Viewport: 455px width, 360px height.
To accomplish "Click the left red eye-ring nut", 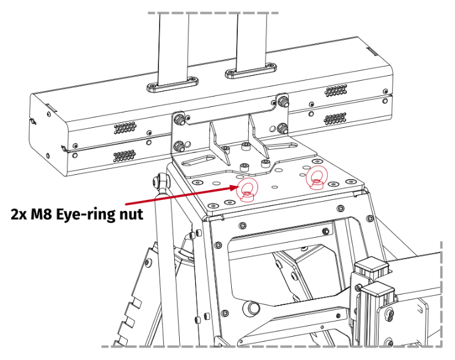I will [246, 189].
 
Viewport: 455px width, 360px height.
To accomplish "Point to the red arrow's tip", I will [237, 188].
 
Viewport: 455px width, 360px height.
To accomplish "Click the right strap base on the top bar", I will [248, 73].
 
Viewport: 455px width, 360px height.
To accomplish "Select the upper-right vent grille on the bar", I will [336, 91].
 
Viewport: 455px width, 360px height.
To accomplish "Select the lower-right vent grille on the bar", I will [336, 118].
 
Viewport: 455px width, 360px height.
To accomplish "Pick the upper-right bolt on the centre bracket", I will [283, 99].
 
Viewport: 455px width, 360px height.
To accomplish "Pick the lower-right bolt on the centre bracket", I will [283, 128].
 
